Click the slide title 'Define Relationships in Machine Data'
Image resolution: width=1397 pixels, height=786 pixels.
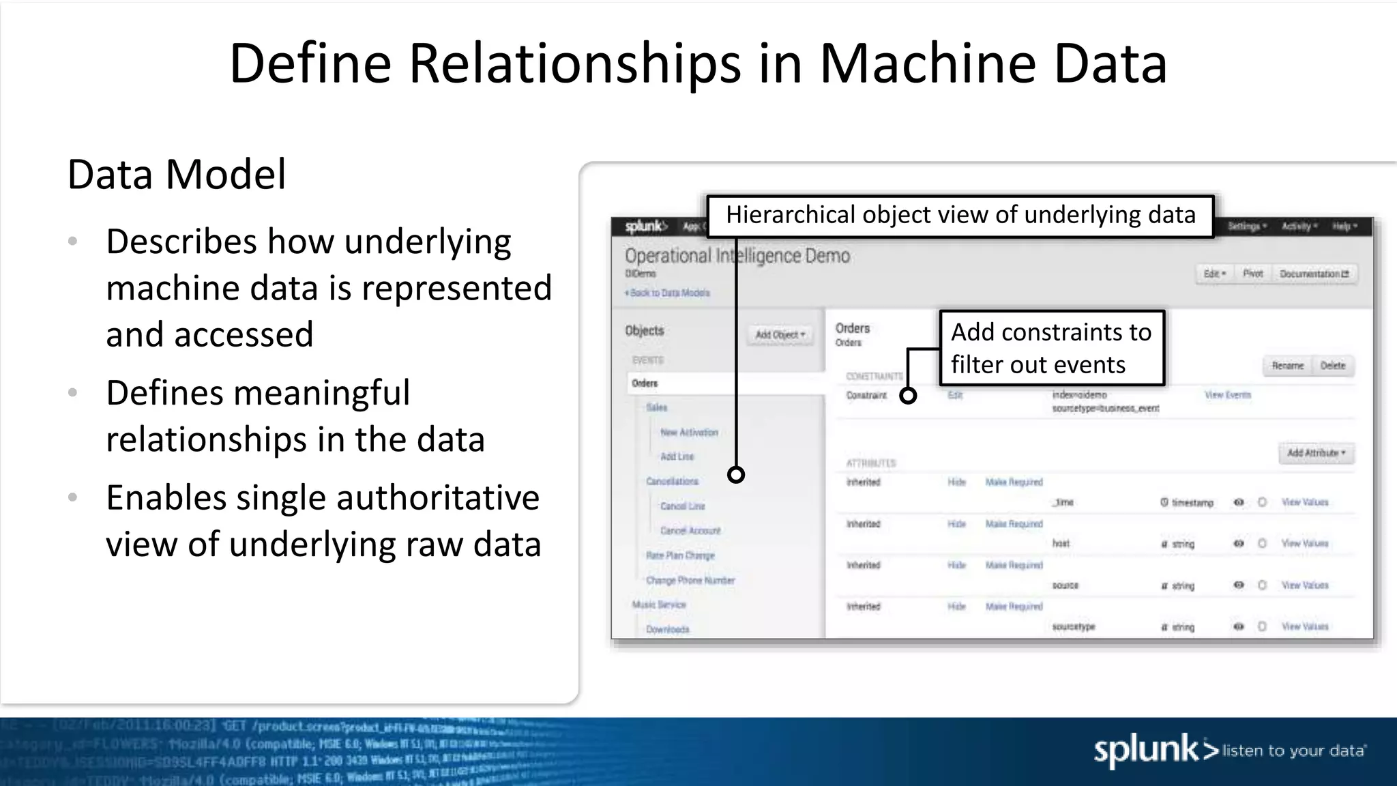coord(698,63)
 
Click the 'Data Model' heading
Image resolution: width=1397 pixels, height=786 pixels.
coord(177,174)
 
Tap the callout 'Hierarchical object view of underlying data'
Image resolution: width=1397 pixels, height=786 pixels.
coord(960,216)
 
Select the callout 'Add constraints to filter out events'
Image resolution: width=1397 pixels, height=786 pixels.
coord(1051,348)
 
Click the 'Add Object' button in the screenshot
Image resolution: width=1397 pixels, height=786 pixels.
coord(780,334)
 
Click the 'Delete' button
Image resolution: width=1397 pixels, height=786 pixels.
coord(1332,366)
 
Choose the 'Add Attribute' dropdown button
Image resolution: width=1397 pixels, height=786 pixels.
coord(1316,453)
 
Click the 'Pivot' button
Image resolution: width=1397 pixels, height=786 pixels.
coord(1252,274)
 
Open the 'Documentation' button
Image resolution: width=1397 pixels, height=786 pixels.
coord(1314,274)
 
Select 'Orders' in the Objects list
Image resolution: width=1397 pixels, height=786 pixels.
coord(645,383)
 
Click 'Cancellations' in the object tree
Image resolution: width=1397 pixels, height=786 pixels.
coord(672,481)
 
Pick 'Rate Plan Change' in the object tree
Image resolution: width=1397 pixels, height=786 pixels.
coord(680,555)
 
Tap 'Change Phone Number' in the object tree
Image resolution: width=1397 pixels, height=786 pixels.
coord(690,581)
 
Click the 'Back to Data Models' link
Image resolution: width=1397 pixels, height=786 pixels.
coord(667,293)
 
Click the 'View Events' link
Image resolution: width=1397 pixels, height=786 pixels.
coord(1227,395)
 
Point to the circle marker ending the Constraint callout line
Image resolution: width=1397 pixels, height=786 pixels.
coord(908,396)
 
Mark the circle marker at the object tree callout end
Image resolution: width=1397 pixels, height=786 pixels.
coord(736,475)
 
